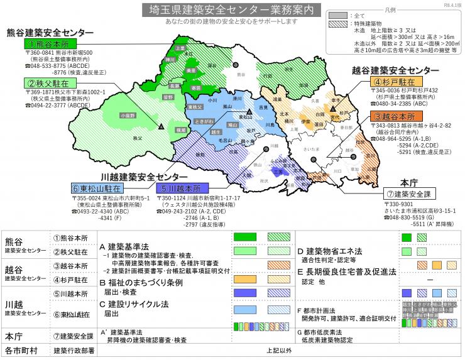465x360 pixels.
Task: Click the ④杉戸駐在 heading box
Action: coord(396,82)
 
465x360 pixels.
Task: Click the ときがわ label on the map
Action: coord(203,119)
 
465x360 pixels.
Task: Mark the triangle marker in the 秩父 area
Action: coord(163,128)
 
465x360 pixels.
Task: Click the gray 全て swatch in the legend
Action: coord(339,14)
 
